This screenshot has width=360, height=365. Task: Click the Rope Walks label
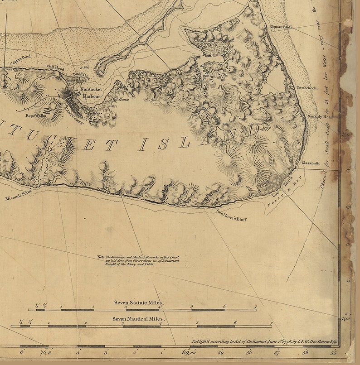pos(36,115)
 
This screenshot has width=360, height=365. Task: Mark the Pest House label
pos(121,99)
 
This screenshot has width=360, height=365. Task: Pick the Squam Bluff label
pos(281,27)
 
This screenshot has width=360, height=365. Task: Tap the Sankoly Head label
pos(320,117)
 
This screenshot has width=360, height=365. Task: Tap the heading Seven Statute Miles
pos(139,302)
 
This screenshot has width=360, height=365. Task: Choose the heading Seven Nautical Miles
pos(139,319)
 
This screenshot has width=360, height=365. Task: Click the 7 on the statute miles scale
pos(256,307)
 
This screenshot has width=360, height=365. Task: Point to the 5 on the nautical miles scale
pos(198,323)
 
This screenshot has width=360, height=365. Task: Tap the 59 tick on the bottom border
pos(221,352)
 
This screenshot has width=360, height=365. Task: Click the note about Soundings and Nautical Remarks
pos(138,260)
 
